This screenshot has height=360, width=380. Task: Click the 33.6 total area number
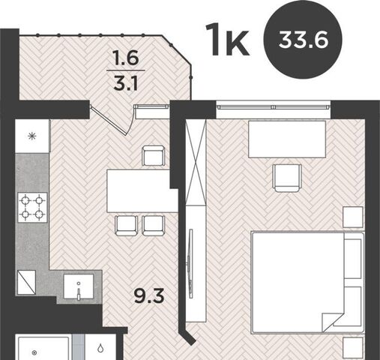pyautogui.click(x=303, y=40)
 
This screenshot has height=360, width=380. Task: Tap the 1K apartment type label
pyautogui.click(x=227, y=40)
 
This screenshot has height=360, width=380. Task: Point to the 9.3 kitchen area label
pyautogui.click(x=149, y=296)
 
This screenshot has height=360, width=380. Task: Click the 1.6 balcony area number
pyautogui.click(x=126, y=58)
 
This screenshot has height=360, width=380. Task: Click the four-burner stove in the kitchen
pyautogui.click(x=32, y=208)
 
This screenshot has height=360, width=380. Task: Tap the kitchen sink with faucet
pyautogui.click(x=79, y=286)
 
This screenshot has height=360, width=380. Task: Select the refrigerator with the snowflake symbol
pyautogui.click(x=32, y=136)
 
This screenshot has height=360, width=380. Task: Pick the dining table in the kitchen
pyautogui.click(x=142, y=191)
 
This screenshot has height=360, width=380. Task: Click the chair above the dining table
pyautogui.click(x=153, y=156)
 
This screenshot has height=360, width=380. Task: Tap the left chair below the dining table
pyautogui.click(x=126, y=225)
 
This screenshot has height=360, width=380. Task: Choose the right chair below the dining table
pyautogui.click(x=154, y=225)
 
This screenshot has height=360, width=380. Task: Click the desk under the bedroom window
pyautogui.click(x=287, y=139)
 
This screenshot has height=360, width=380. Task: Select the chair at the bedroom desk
pyautogui.click(x=287, y=178)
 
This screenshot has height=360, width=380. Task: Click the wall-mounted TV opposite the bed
pyautogui.click(x=191, y=263)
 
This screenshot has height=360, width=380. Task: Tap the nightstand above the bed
pyautogui.click(x=353, y=217)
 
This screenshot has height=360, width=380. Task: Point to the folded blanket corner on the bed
pyautogui.click(x=333, y=322)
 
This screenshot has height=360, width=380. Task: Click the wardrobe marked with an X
pyautogui.click(x=196, y=163)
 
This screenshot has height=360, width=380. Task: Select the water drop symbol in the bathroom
pyautogui.click(x=100, y=347)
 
